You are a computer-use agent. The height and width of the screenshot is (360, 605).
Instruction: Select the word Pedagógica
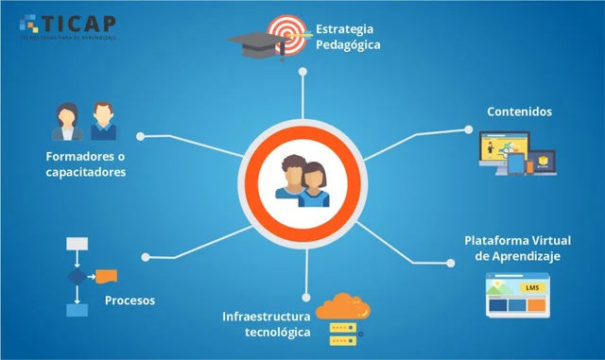348,43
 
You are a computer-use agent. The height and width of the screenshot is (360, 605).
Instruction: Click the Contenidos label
519,111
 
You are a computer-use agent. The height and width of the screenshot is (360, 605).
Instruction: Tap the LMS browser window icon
516,293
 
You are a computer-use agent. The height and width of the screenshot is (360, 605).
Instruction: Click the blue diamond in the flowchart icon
75,277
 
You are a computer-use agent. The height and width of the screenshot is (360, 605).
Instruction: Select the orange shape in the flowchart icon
106,276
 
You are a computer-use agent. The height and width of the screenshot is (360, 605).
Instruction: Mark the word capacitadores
85,172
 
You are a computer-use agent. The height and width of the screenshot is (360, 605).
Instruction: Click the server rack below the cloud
340,334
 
